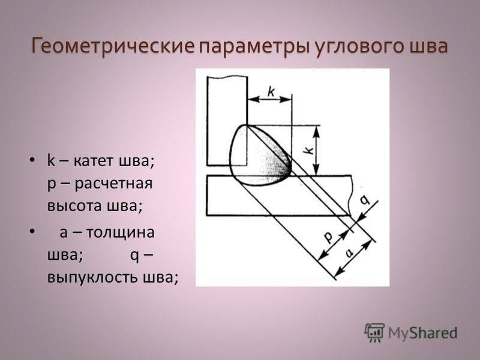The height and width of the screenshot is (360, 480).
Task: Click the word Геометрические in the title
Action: pyautogui.click(x=112, y=47)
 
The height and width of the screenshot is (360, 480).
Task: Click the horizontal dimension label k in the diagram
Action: pyautogui.click(x=271, y=91)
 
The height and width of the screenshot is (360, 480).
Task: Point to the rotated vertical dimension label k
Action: pyautogui.click(x=310, y=150)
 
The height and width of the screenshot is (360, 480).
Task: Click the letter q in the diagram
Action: pyautogui.click(x=364, y=200)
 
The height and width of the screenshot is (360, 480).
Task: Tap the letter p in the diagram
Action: pyautogui.click(x=328, y=236)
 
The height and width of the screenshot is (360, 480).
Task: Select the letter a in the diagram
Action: pyautogui.click(x=349, y=253)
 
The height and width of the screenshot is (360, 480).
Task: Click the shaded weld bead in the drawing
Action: pyautogui.click(x=260, y=155)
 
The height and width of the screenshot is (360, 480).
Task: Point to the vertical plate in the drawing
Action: pyautogui.click(x=227, y=121)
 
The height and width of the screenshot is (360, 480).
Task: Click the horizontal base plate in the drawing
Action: pyautogui.click(x=278, y=196)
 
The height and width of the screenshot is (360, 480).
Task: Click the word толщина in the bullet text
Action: pyautogui.click(x=121, y=232)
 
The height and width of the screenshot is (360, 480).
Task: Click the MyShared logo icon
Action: pyautogui.click(x=374, y=332)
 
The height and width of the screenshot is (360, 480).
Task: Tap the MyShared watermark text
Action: pyautogui.click(x=423, y=333)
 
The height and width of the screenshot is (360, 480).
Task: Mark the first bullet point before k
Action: pyautogui.click(x=32, y=160)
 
